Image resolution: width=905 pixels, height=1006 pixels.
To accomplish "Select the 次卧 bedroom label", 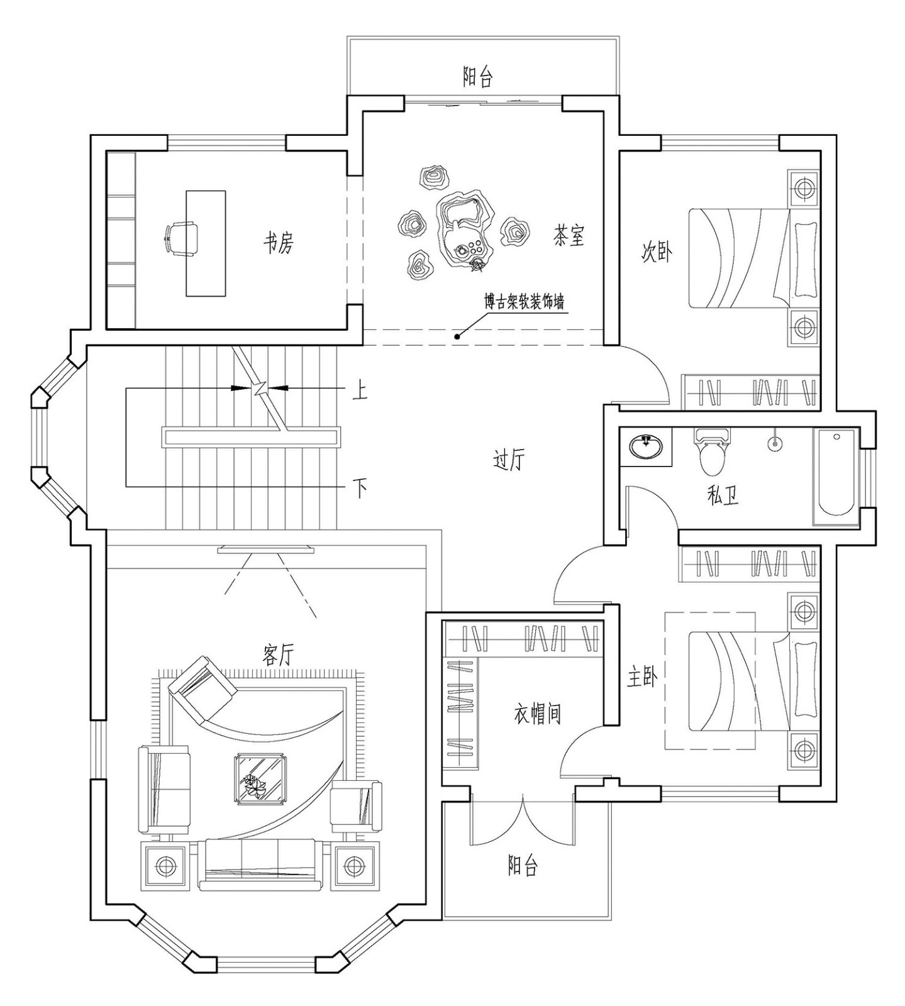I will pos(656,252).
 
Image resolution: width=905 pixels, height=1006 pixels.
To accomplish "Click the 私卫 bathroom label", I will pos(722,496).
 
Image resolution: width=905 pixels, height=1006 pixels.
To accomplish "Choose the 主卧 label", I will pos(642,677).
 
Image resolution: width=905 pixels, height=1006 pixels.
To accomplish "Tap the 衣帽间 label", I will pos(537,714).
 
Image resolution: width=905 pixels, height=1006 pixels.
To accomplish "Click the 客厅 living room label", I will pos(277,656).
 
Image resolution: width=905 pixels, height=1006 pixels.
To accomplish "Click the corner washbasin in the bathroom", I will pos(645,447).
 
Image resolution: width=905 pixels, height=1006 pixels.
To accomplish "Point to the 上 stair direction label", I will pos(359,392).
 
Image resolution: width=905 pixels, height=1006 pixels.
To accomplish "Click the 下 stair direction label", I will pos(359,487).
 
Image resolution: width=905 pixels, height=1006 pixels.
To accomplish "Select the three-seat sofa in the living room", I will pos(260,865).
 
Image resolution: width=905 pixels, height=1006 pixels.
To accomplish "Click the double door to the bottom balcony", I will pos(522,821).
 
